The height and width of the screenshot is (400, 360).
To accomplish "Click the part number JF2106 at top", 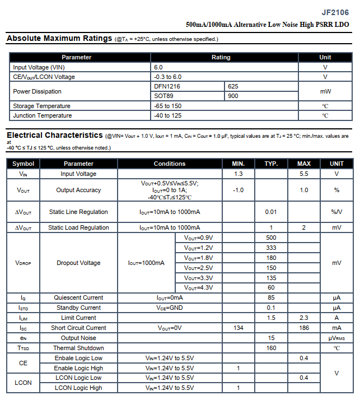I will click(335, 12).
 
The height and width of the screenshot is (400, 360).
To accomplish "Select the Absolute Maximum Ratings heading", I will click(59, 39).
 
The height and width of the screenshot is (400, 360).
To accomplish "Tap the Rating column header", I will click(221, 57).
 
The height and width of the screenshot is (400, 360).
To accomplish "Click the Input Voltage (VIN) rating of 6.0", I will click(158, 67).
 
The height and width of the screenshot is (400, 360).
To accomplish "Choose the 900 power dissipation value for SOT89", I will click(233, 96).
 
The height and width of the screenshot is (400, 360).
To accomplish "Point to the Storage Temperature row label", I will click(41, 106).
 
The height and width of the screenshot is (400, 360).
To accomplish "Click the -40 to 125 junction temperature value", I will click(168, 116).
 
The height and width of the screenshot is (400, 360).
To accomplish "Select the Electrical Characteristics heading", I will click(54, 136).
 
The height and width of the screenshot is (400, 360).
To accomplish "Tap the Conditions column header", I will click(169, 164).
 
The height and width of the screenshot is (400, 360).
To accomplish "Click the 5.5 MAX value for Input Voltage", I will click(303, 174).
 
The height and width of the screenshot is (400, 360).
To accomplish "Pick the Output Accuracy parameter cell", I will click(78, 190).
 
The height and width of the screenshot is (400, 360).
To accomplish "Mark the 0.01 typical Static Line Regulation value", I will click(271, 212).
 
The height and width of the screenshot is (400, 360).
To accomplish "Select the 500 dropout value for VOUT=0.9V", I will click(271, 238).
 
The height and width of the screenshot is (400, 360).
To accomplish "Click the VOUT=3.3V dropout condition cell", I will click(198, 278).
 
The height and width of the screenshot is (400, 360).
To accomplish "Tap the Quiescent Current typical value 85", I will click(271, 298).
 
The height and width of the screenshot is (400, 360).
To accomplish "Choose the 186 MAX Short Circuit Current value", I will click(303, 328).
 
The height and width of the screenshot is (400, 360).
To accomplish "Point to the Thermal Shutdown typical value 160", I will click(271, 348).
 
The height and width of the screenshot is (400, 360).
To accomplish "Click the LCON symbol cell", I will click(23, 383).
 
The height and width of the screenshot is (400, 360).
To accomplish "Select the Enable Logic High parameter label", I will click(78, 368).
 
